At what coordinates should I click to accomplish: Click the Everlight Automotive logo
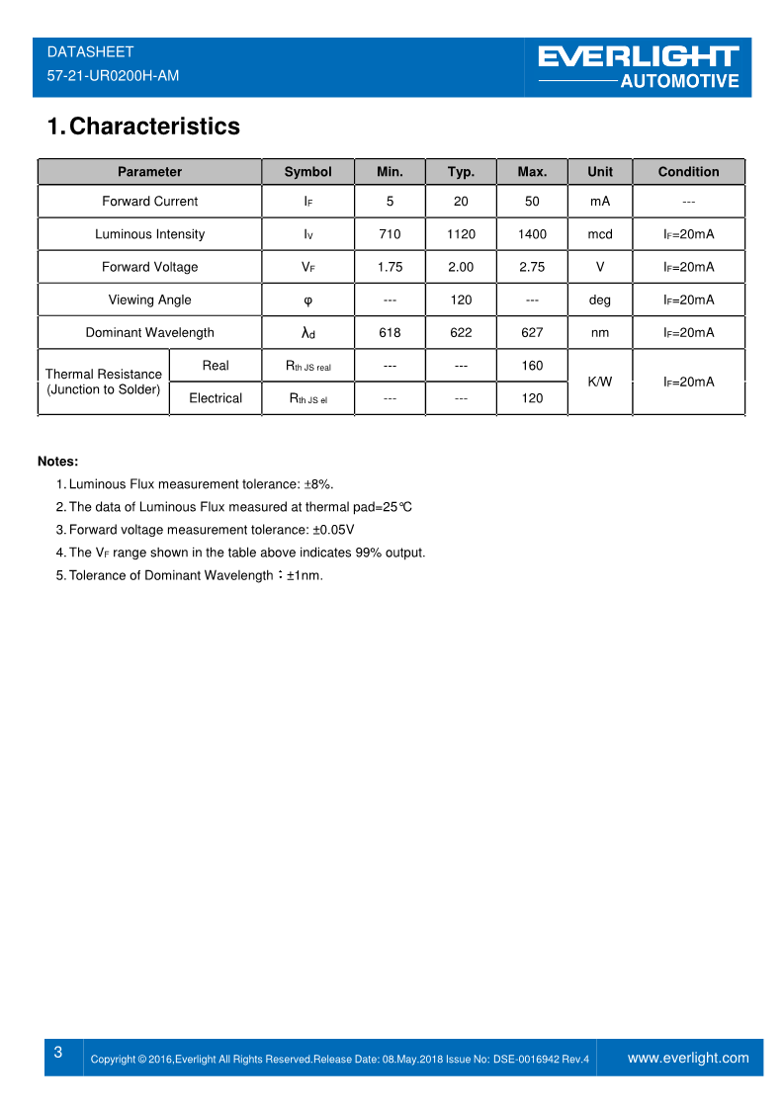[x=639, y=67]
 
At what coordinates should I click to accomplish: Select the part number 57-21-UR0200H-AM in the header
[x=113, y=75]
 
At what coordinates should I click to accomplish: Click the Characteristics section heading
[x=144, y=127]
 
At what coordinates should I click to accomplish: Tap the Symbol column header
[x=307, y=172]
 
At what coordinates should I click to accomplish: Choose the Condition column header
[x=688, y=172]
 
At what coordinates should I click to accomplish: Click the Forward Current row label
[x=149, y=202]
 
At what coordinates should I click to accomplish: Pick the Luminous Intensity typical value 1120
[x=461, y=234]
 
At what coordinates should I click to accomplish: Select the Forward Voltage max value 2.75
[x=532, y=267]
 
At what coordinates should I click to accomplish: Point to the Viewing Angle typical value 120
[x=461, y=299]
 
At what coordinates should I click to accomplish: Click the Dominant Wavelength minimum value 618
[x=390, y=333]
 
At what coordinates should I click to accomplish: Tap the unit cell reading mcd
[x=600, y=234]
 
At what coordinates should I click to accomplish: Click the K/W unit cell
[x=600, y=382]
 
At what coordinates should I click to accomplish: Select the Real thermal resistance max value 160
[x=532, y=366]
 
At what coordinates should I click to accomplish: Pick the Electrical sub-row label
[x=216, y=398]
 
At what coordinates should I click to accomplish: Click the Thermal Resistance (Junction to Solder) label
[x=104, y=382]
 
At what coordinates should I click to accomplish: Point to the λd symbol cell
[x=307, y=333]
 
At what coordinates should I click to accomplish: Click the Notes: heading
[x=57, y=462]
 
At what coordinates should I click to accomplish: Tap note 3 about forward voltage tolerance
[x=211, y=530]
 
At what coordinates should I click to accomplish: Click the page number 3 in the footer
[x=58, y=1053]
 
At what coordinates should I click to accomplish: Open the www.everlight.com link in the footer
[x=688, y=1058]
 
